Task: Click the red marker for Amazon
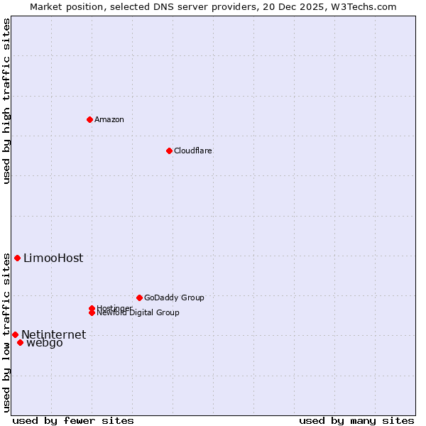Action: (x=89, y=119)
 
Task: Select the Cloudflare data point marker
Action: (x=169, y=151)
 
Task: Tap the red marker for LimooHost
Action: (x=17, y=258)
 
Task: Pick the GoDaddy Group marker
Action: (x=139, y=297)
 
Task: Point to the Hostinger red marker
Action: (x=92, y=308)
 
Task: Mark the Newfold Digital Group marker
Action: (x=92, y=312)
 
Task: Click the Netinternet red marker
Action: (x=15, y=334)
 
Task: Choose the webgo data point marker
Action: (x=20, y=343)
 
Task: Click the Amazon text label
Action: (x=109, y=119)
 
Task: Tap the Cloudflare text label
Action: (x=193, y=151)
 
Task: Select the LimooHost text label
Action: (x=53, y=258)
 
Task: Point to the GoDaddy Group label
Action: (x=174, y=297)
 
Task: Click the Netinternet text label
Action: (x=54, y=335)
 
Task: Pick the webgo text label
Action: (x=45, y=344)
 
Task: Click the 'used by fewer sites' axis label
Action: (x=73, y=420)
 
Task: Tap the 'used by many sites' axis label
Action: (x=356, y=420)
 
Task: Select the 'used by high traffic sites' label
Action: (x=6, y=101)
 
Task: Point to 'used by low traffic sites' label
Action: (x=6, y=332)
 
